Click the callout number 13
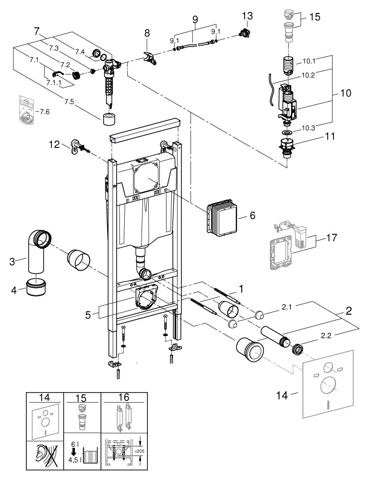click(x=247, y=17)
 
